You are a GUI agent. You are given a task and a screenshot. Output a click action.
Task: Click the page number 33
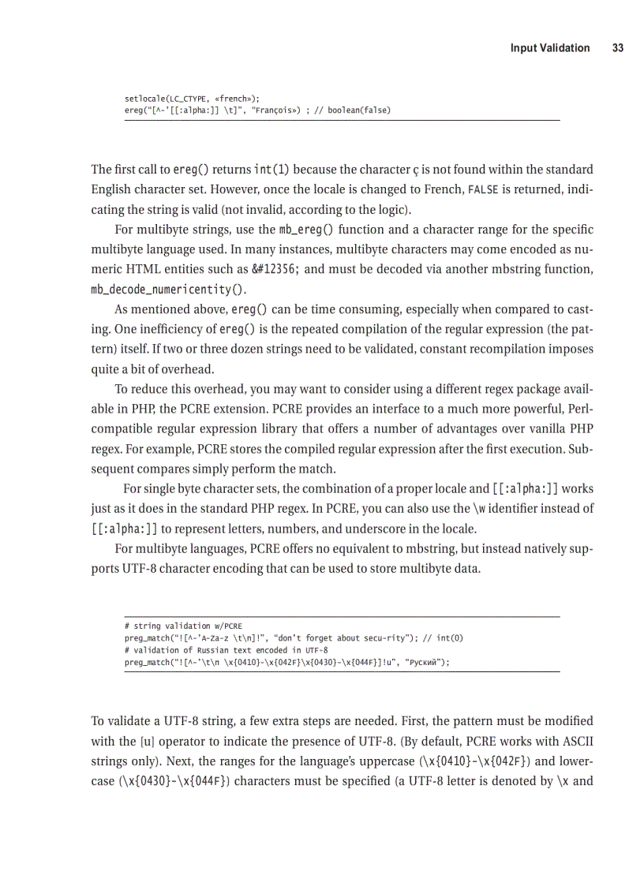[617, 48]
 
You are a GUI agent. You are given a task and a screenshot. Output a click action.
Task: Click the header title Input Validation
[549, 48]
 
